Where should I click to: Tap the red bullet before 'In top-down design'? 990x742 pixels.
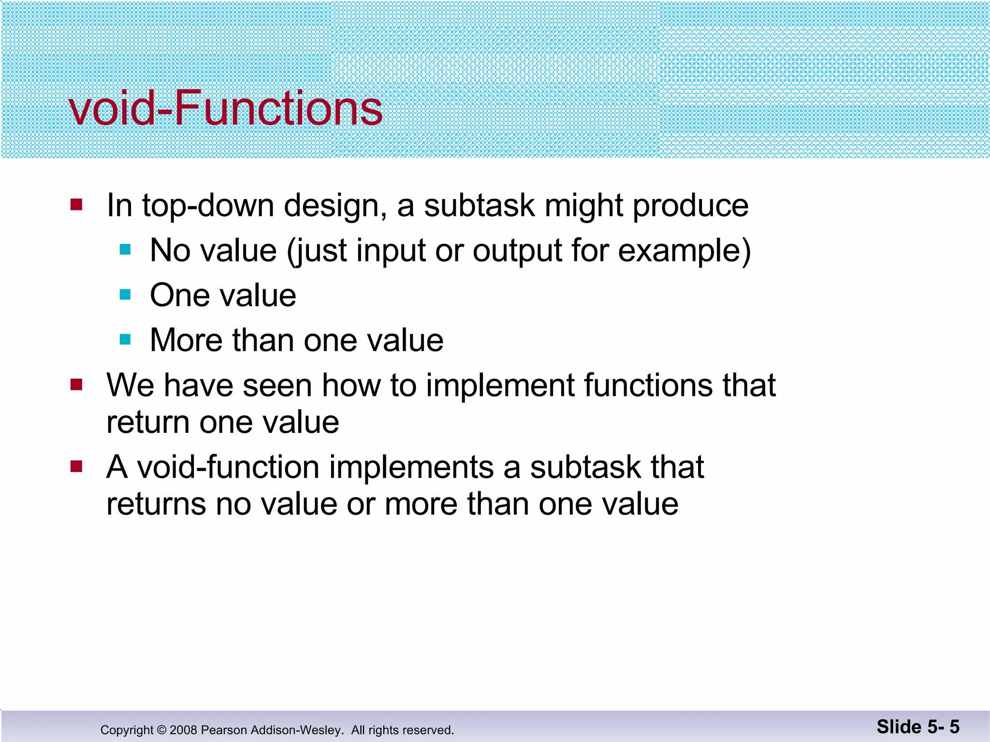point(76,205)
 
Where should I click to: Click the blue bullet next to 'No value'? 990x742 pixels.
point(125,250)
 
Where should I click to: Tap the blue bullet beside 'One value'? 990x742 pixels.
point(125,295)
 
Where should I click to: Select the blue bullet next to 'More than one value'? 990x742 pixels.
point(125,340)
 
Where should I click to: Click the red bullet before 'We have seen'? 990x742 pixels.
point(76,385)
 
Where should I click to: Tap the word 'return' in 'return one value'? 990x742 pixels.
point(148,423)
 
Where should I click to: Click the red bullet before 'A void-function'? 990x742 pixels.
point(76,467)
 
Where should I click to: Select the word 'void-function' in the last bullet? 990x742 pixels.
point(228,468)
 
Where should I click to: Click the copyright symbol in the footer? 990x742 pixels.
point(161,730)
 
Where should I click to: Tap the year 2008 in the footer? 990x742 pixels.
point(183,730)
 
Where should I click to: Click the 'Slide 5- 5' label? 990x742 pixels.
point(917,727)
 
